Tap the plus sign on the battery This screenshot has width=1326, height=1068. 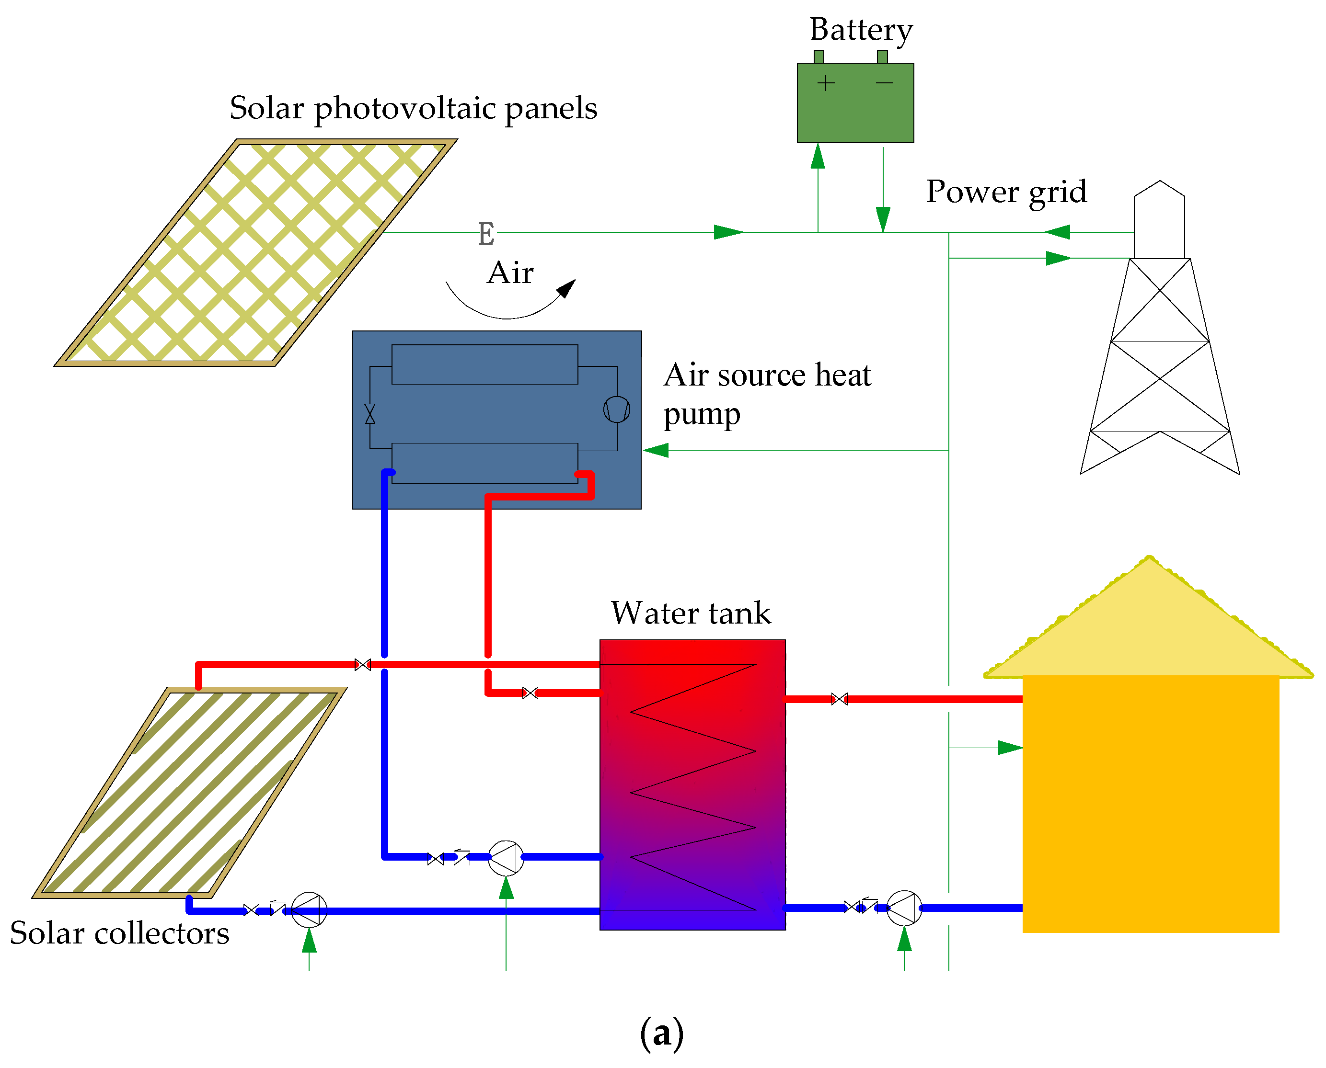tap(826, 83)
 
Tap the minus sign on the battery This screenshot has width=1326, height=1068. tap(884, 82)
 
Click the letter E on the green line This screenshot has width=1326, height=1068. tap(486, 234)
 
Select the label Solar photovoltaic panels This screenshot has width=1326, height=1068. tap(413, 108)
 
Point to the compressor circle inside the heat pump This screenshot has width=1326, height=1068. tap(616, 409)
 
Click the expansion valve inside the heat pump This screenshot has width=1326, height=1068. tap(369, 413)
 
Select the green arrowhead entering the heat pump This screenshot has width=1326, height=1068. tap(656, 450)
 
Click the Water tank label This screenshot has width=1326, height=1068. tap(691, 614)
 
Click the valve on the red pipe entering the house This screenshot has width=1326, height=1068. tap(839, 699)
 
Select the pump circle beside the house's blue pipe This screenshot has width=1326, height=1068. tap(904, 908)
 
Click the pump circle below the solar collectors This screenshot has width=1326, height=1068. tap(309, 909)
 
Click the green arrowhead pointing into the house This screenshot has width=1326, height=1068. tap(1010, 748)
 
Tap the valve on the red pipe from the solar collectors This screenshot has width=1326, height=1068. tap(363, 664)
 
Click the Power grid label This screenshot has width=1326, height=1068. tap(1006, 192)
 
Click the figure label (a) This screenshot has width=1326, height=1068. tap(662, 1033)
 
